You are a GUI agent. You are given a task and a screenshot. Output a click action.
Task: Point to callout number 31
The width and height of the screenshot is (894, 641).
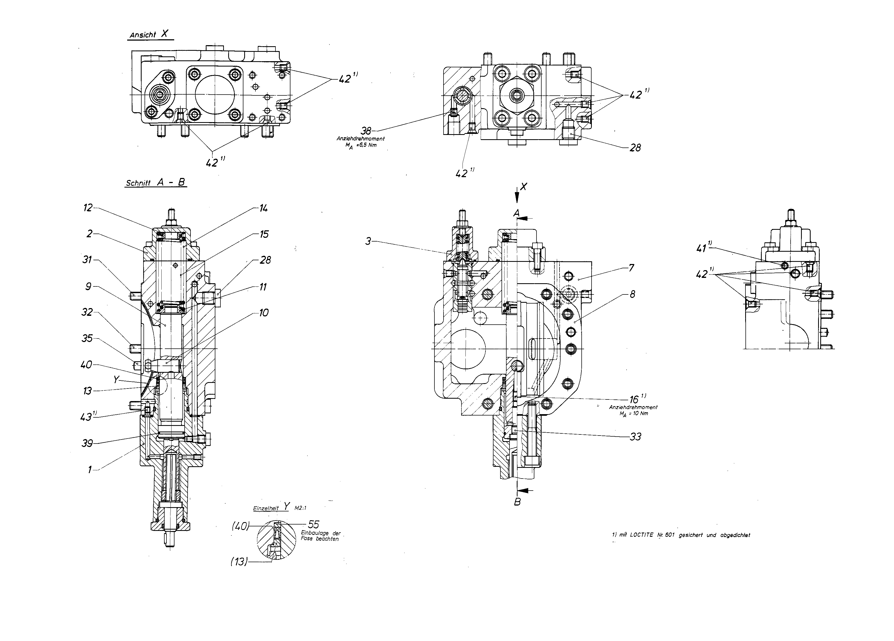[x=87, y=260]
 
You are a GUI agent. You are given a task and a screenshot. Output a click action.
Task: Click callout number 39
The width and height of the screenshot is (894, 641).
[x=87, y=444]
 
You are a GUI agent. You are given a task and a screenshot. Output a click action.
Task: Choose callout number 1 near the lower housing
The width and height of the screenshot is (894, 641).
[x=90, y=469]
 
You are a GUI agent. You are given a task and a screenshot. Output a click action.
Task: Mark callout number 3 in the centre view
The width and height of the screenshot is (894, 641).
[x=368, y=241]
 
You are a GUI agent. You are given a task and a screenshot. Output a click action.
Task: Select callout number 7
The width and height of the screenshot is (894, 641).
[x=631, y=268]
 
